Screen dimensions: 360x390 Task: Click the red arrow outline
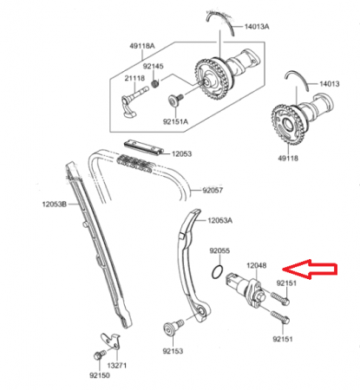tap(310, 270)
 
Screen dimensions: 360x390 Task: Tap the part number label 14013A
tap(257, 27)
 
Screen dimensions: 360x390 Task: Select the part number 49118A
tap(142, 46)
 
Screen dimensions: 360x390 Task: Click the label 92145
tap(153, 66)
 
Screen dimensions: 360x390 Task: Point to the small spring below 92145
tap(155, 84)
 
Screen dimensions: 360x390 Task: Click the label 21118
tap(134, 78)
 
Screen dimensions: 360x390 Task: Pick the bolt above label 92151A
tap(175, 100)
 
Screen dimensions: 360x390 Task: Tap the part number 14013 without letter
tap(330, 84)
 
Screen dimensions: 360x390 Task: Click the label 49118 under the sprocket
tap(288, 158)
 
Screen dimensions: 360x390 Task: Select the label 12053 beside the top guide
tap(181, 153)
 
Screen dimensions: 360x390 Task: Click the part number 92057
tap(213, 190)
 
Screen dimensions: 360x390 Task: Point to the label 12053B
tap(55, 205)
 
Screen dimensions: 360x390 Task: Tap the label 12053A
tap(219, 220)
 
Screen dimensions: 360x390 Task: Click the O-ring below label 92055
tap(217, 271)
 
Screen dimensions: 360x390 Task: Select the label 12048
tap(257, 265)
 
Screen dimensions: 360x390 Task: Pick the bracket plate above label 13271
tap(111, 341)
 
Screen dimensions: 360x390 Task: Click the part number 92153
tap(173, 351)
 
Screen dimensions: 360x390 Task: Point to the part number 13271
tap(117, 366)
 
